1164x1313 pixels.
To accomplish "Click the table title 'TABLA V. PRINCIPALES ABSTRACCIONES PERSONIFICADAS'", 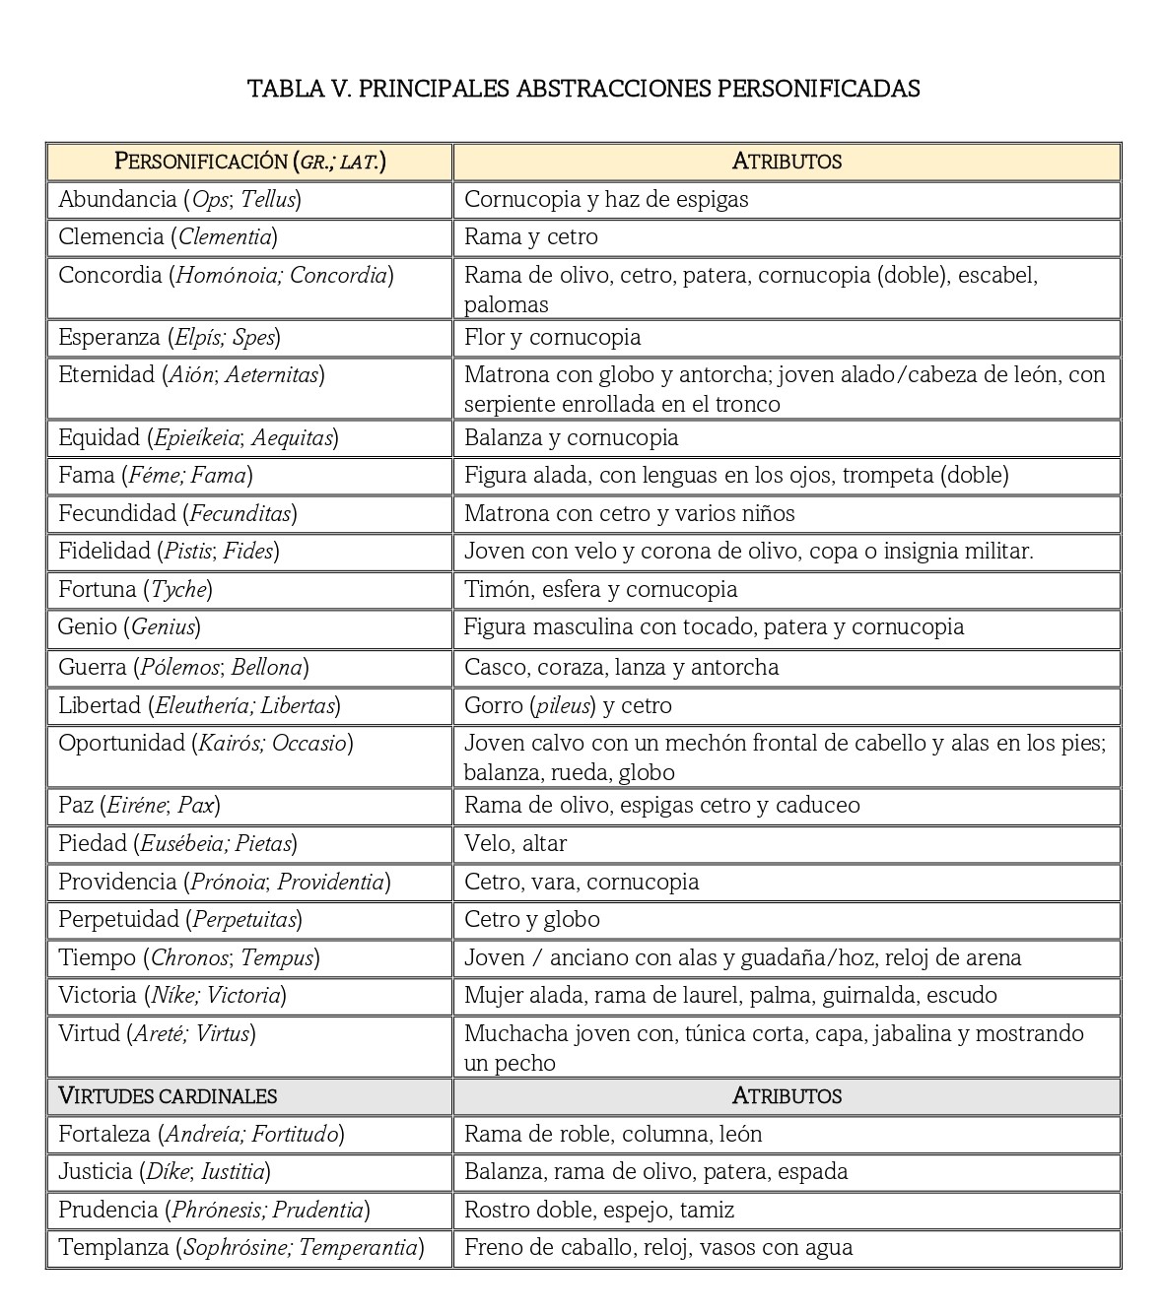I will [583, 89].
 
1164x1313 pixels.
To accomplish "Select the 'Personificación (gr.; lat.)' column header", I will [249, 162].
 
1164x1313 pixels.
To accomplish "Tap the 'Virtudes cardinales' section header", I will [168, 1095].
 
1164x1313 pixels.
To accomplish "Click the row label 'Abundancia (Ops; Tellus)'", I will [179, 200].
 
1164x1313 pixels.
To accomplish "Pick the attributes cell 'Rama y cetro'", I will [530, 237].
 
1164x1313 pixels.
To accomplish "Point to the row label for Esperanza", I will [169, 338].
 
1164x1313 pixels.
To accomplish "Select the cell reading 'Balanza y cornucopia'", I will [571, 437].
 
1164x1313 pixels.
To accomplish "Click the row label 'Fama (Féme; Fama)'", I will [155, 476].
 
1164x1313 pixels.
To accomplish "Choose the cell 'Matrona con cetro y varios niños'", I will [629, 513].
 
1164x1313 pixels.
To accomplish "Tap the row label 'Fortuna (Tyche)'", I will [135, 590].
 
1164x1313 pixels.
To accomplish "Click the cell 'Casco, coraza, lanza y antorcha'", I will [621, 667].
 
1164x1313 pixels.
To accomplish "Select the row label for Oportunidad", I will [205, 744].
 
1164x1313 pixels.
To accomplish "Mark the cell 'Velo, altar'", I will [514, 843].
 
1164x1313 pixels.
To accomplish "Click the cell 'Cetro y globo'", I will [531, 919].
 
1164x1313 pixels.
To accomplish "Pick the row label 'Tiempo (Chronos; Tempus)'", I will [188, 957].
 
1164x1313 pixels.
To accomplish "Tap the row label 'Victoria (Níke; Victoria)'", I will [171, 996].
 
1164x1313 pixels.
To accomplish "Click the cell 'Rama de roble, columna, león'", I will [612, 1134].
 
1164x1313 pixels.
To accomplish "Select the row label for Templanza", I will [240, 1248].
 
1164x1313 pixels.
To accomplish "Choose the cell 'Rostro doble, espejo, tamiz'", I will [598, 1210].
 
